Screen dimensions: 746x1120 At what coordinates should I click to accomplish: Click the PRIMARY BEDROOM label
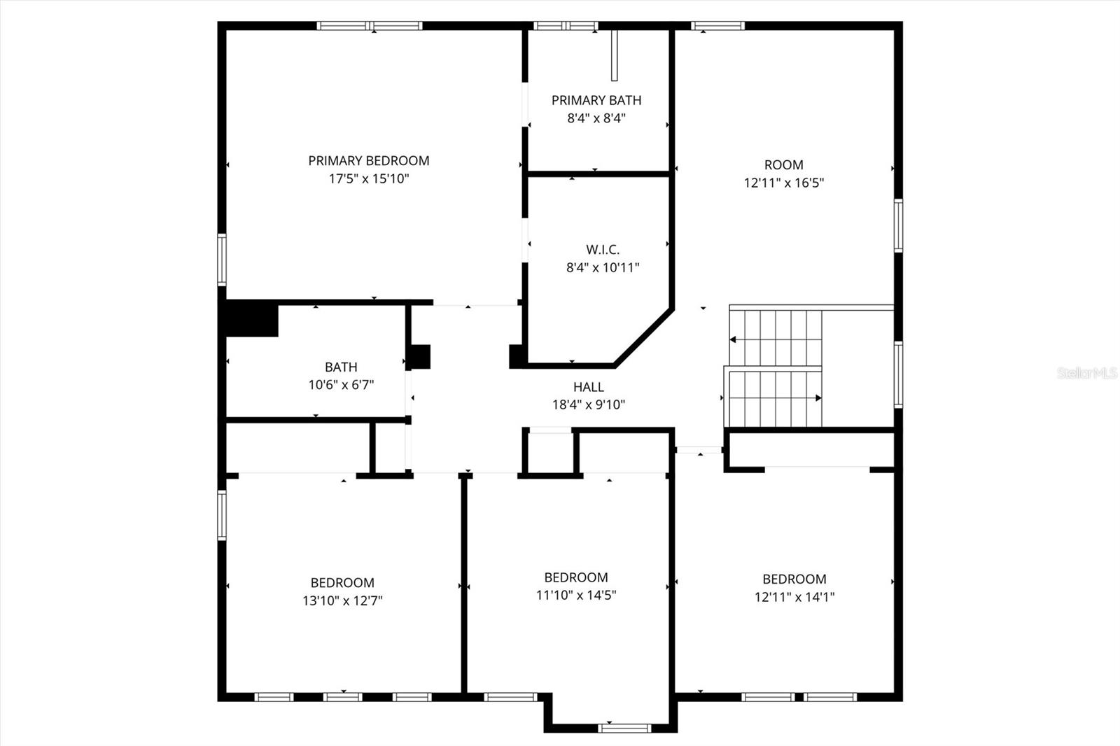368,160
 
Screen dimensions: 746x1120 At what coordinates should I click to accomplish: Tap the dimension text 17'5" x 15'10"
368,178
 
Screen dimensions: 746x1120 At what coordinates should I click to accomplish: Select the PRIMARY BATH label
596,100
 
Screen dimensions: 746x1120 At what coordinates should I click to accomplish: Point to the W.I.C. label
602,249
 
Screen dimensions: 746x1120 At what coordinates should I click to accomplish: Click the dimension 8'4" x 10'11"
602,267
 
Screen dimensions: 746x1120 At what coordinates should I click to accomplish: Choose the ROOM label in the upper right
783,164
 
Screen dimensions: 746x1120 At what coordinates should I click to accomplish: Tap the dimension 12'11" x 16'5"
783,183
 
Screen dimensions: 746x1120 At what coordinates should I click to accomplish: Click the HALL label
588,386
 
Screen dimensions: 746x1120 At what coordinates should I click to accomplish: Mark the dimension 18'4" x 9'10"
588,404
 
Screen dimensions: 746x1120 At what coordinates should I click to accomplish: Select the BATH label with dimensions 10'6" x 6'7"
341,367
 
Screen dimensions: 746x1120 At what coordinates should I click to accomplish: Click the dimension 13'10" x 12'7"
342,600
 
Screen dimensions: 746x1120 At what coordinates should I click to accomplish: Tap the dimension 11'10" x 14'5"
575,596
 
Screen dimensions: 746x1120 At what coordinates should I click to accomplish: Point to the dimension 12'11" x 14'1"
794,597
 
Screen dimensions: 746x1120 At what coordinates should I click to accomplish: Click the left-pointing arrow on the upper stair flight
734,339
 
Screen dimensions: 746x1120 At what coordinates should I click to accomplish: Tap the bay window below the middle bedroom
624,728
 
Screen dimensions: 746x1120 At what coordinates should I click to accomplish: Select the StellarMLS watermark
1086,373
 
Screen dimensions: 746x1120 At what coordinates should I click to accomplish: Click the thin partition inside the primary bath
615,56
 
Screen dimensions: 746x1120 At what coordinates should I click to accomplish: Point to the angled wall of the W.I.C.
644,337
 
